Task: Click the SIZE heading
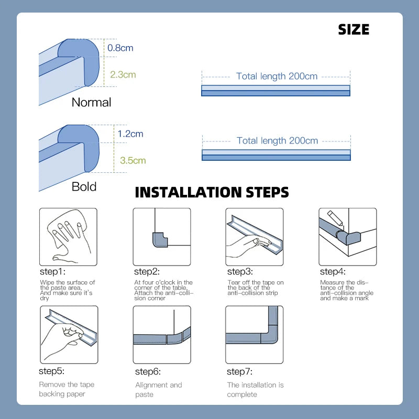pyautogui.click(x=354, y=29)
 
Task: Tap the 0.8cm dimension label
pyautogui.click(x=120, y=48)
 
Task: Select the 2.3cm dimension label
pyautogui.click(x=123, y=74)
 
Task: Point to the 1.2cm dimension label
pyautogui.click(x=130, y=134)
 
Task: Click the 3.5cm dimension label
pyautogui.click(x=133, y=160)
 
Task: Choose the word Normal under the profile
pyautogui.click(x=91, y=102)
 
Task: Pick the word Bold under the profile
pyautogui.click(x=84, y=186)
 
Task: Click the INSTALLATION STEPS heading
pyautogui.click(x=212, y=192)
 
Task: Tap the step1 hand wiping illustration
pyautogui.click(x=68, y=237)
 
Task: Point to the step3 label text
pyautogui.click(x=240, y=271)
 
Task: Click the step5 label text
pyautogui.click(x=51, y=371)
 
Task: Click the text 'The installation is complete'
pyautogui.click(x=255, y=389)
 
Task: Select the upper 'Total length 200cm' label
pyautogui.click(x=277, y=76)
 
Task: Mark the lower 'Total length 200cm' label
pyautogui.click(x=277, y=140)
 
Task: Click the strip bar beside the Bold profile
pyautogui.click(x=276, y=155)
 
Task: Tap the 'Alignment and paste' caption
pyautogui.click(x=158, y=389)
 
